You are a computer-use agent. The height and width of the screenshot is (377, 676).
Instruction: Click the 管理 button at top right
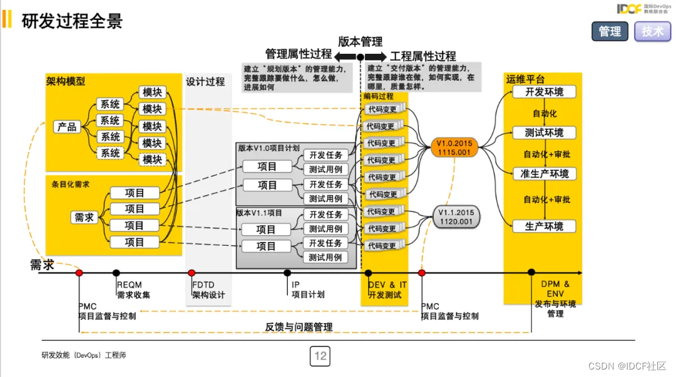(x=610, y=31)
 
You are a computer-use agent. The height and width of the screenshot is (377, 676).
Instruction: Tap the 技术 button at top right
(x=652, y=31)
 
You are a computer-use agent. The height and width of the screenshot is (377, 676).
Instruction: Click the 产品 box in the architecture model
(x=67, y=127)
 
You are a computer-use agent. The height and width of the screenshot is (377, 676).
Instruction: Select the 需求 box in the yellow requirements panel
(x=84, y=217)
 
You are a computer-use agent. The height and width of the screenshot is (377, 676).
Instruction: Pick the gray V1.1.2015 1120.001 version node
(x=456, y=217)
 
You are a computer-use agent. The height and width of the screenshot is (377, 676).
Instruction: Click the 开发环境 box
(x=544, y=93)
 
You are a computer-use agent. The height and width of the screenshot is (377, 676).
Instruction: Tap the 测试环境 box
(x=544, y=133)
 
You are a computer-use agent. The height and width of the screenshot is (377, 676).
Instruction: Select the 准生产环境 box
(x=544, y=173)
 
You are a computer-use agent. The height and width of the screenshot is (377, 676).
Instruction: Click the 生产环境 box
(x=544, y=226)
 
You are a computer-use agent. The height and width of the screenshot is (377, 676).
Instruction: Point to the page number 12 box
(x=320, y=356)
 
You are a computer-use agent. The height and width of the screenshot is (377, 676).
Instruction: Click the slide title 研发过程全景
(x=72, y=21)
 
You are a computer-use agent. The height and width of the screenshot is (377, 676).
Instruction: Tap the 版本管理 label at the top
(x=360, y=42)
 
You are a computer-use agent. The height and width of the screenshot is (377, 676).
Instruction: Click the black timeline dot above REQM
(x=116, y=273)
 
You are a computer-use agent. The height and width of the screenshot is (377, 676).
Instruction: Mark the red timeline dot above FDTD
(x=192, y=273)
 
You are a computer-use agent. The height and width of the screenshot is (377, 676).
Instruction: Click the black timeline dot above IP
(x=287, y=273)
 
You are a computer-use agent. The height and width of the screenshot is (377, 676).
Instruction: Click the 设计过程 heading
(x=205, y=81)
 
